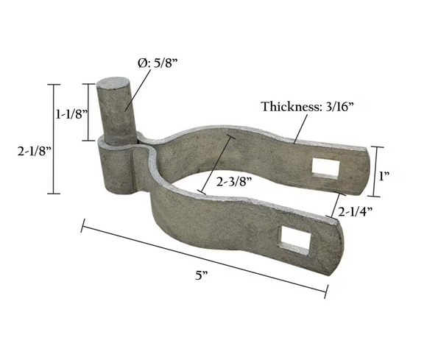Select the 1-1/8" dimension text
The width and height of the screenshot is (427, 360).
coord(71,113)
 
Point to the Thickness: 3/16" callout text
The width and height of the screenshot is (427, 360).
coord(307,107)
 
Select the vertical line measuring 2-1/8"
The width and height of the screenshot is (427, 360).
coord(51,139)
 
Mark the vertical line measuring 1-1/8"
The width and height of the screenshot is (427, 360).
coord(91,112)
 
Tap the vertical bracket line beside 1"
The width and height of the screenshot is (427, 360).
coord(376,172)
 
